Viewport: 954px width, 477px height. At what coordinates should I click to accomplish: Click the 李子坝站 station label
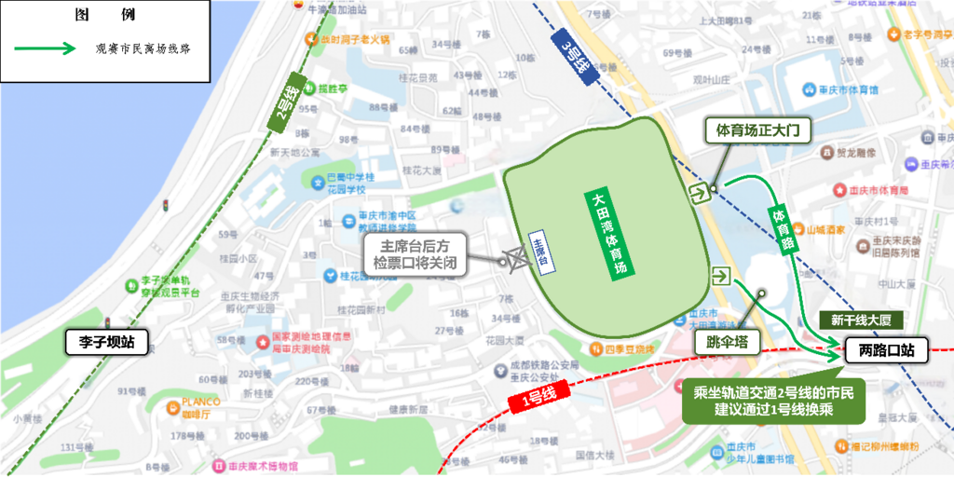pos(101,342)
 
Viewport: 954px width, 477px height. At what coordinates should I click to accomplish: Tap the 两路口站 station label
pos(886,351)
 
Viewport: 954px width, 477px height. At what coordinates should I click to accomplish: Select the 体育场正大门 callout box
pos(758,129)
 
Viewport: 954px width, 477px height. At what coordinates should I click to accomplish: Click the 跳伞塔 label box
pos(728,342)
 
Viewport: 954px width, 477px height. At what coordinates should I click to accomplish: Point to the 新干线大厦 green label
pos(861,320)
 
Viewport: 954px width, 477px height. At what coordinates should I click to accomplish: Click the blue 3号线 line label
pos(575,54)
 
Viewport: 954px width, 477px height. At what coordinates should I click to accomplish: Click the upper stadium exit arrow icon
pos(698,192)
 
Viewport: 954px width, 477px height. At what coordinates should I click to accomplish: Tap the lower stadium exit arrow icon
pos(719,276)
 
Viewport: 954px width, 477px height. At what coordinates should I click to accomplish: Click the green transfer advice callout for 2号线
pos(774,401)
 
